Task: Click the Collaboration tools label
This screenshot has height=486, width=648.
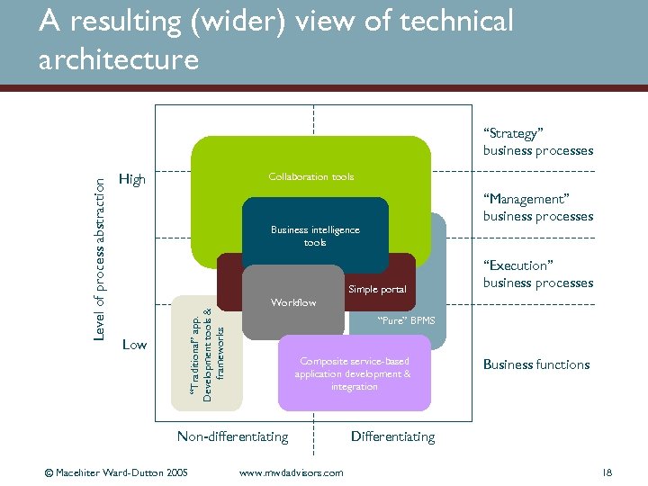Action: click(x=311, y=177)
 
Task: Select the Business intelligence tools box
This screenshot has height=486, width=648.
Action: click(x=315, y=236)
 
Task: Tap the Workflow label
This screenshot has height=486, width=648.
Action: click(x=293, y=302)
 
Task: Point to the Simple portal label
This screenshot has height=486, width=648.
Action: click(x=377, y=290)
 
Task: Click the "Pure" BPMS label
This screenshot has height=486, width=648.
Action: click(x=406, y=320)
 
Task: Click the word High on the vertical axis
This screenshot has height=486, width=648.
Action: click(x=131, y=180)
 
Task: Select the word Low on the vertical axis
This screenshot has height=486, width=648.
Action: click(x=134, y=345)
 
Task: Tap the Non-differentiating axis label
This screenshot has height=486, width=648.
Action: click(x=232, y=436)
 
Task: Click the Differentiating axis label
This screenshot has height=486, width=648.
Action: click(x=392, y=436)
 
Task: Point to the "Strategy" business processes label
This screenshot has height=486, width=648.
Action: click(x=537, y=142)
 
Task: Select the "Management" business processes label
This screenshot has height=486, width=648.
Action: click(x=537, y=207)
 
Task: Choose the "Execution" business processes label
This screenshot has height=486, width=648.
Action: click(x=537, y=274)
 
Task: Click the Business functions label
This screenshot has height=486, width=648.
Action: click(x=536, y=364)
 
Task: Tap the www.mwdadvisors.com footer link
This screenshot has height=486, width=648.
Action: click(x=291, y=472)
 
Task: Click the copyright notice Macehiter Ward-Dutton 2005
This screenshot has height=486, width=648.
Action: click(x=117, y=472)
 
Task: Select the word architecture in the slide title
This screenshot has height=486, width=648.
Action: click(x=118, y=60)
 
